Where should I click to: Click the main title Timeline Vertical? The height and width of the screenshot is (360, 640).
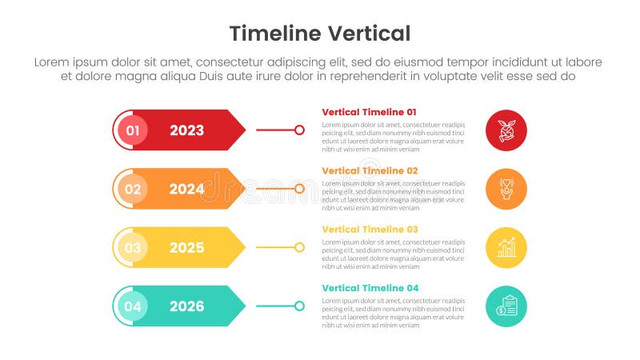click(x=320, y=33)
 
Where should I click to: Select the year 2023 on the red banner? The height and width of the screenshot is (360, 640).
click(x=186, y=130)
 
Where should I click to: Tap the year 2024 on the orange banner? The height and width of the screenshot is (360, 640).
click(x=186, y=189)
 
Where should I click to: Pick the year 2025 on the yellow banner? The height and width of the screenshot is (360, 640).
click(x=186, y=248)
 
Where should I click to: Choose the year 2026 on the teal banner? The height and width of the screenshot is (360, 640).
click(x=186, y=306)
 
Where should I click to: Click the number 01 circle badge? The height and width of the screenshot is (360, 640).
click(x=133, y=130)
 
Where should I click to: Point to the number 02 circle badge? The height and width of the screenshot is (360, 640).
click(x=133, y=189)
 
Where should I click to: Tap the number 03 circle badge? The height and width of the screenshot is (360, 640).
click(x=133, y=248)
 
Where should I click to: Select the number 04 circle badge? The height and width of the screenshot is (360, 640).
click(x=133, y=306)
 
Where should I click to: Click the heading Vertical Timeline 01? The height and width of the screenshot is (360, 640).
click(x=369, y=112)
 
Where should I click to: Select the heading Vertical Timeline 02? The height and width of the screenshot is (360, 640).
click(x=370, y=170)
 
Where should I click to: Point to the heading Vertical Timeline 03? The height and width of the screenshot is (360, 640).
click(x=370, y=230)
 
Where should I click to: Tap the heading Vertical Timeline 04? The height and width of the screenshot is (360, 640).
click(x=370, y=288)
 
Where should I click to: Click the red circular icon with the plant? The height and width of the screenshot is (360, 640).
click(x=506, y=130)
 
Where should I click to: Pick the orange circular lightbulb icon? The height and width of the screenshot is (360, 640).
click(x=506, y=189)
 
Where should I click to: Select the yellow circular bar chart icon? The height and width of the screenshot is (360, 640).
click(x=506, y=248)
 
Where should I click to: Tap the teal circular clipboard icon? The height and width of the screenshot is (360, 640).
click(x=506, y=306)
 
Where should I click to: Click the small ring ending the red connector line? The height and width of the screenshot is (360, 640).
click(x=299, y=130)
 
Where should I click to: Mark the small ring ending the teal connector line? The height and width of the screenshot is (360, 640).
click(x=299, y=306)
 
